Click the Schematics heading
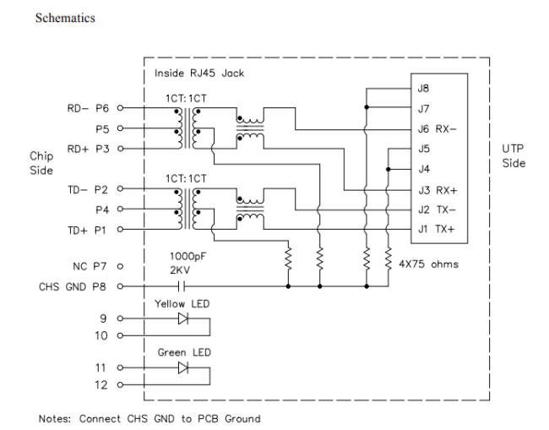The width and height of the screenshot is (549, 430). coord(65,18)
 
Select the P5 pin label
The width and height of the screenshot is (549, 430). coord(101,129)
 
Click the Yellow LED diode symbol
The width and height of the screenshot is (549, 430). coord(182,319)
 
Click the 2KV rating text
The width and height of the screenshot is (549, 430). coord(181,272)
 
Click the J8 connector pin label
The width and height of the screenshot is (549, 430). coord(423,87)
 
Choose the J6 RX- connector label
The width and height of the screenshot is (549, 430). coord(437,128)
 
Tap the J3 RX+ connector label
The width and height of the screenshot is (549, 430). coord(437,189)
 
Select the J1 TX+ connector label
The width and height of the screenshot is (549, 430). coord(437,229)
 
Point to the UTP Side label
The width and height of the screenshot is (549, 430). coord(514,155)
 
